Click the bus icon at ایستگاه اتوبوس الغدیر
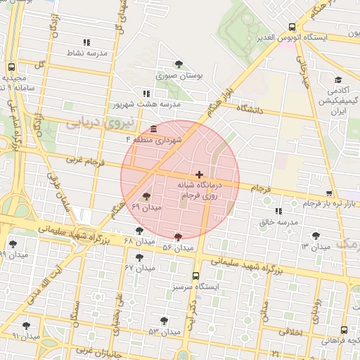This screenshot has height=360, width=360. point(292,28)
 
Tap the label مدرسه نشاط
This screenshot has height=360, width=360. point(86,53)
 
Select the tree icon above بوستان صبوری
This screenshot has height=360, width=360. point(179,65)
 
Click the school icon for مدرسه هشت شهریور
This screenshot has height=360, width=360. point(146,94)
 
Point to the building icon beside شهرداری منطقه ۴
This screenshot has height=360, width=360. point(154,128)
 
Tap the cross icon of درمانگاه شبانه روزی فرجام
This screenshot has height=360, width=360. point(200,174)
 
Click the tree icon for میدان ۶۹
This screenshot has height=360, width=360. point(146,197)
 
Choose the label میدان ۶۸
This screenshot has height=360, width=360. point(138,241)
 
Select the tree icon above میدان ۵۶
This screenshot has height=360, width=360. point(177,237)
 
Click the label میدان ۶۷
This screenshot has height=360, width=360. point(139,268)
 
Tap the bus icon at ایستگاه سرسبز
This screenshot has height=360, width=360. point(195,276)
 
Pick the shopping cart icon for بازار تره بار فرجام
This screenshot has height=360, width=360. point(329,193)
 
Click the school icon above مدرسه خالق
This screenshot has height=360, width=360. point(278,210)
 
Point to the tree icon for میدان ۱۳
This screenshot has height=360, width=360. point(314,236)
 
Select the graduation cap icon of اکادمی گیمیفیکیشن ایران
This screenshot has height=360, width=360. point(339,80)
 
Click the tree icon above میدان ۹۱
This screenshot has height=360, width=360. point(27,326)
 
